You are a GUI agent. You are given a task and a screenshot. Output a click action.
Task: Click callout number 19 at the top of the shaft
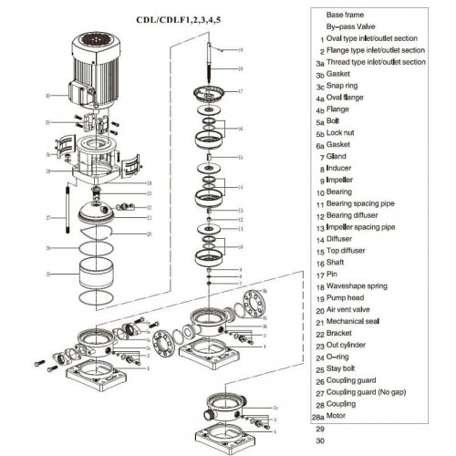[240, 48]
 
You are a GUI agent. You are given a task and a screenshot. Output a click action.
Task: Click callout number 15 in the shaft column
[240, 157]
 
